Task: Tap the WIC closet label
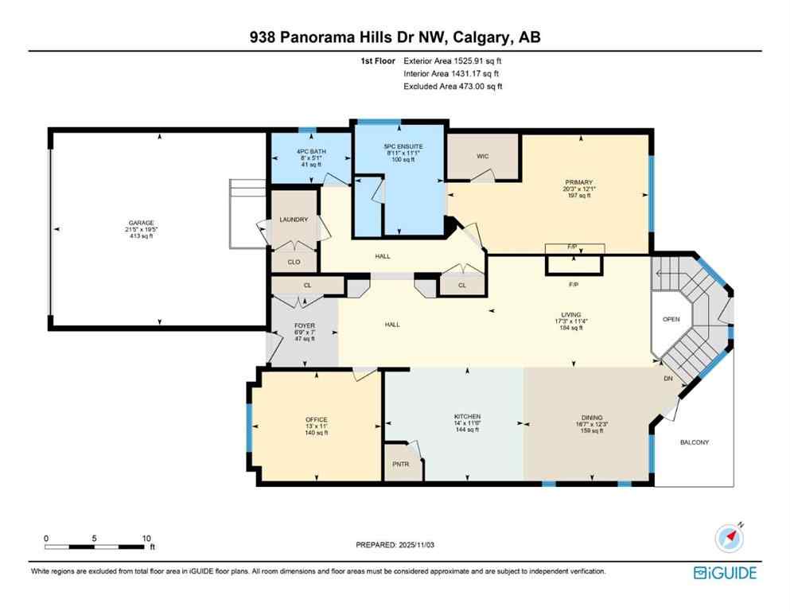482,156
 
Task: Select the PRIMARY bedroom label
578,181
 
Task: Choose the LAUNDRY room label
294,220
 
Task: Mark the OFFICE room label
316,419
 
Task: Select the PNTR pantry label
399,465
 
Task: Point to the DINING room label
591,417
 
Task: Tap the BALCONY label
695,442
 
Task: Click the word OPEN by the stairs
671,319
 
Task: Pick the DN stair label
668,378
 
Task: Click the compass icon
727,539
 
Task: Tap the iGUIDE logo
724,572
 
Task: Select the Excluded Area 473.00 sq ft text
453,87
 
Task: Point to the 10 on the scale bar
146,538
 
